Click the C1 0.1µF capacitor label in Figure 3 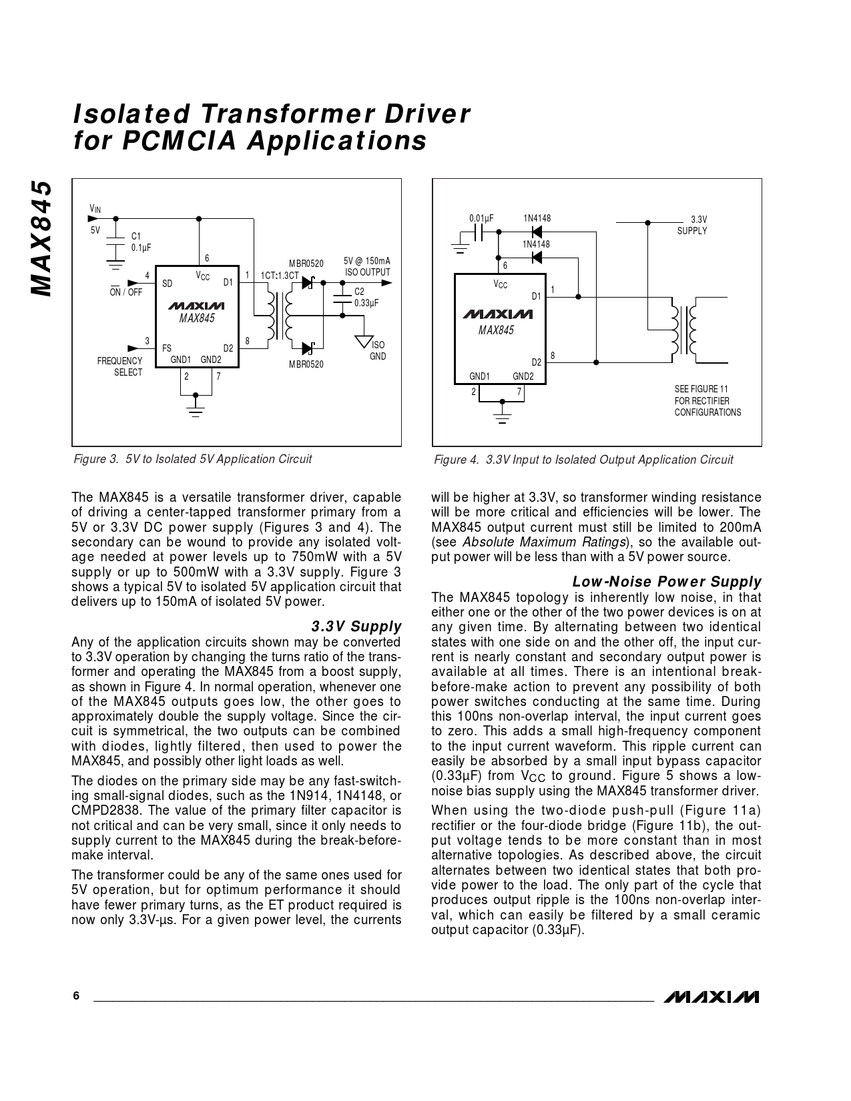pyautogui.click(x=141, y=242)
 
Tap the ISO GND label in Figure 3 pyautogui.click(x=378, y=351)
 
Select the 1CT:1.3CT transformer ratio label pyautogui.click(x=280, y=275)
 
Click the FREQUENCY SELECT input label pyautogui.click(x=120, y=366)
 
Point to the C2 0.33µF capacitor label pyautogui.click(x=366, y=297)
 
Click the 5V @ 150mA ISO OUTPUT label pyautogui.click(x=367, y=267)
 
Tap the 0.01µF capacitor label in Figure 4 pyautogui.click(x=481, y=219)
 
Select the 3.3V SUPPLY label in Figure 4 pyautogui.click(x=693, y=225)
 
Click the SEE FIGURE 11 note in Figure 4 pyautogui.click(x=707, y=400)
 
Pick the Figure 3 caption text pyautogui.click(x=192, y=459)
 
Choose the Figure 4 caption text pyautogui.click(x=583, y=460)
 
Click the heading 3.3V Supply pyautogui.click(x=356, y=627)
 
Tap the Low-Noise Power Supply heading pyautogui.click(x=667, y=582)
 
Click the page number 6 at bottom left pyautogui.click(x=76, y=996)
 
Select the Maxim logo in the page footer pyautogui.click(x=711, y=997)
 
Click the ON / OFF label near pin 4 pyautogui.click(x=126, y=292)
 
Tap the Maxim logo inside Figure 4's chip pyautogui.click(x=497, y=314)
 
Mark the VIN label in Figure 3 pyautogui.click(x=95, y=210)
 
